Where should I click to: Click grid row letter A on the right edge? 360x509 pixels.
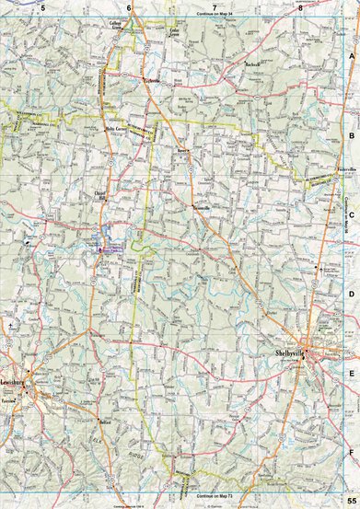(x=352, y=55)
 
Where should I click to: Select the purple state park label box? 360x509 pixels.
(x=110, y=248)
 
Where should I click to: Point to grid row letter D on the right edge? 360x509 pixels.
(x=352, y=295)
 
